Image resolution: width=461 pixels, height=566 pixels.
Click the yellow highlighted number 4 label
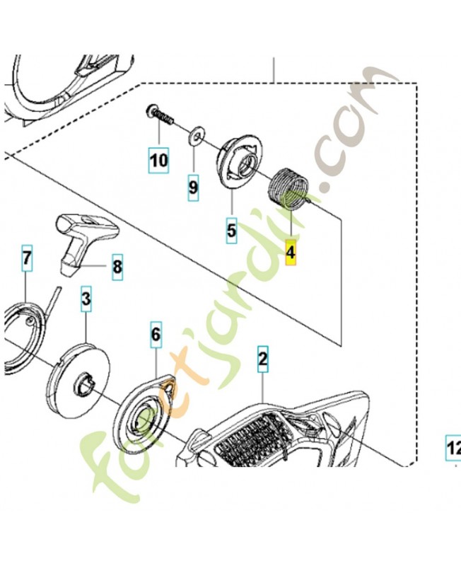tap(291, 253)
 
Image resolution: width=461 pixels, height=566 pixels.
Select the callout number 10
tap(158, 160)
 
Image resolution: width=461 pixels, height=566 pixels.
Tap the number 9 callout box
tap(193, 187)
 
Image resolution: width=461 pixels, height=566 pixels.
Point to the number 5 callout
tap(231, 231)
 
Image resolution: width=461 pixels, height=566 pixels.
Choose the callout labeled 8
tap(117, 267)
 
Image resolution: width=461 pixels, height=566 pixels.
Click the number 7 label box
tap(27, 258)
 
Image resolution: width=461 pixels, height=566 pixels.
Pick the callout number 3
tap(86, 299)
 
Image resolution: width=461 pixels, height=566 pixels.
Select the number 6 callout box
tap(156, 335)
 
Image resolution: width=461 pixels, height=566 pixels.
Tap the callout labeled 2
tap(263, 359)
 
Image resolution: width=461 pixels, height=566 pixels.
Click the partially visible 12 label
tap(453, 449)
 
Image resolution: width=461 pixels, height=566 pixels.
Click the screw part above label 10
tap(161, 114)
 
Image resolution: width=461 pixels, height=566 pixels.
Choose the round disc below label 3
tap(78, 381)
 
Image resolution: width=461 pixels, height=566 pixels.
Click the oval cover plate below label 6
tap(145, 413)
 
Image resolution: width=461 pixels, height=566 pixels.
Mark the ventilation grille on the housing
tap(252, 436)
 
